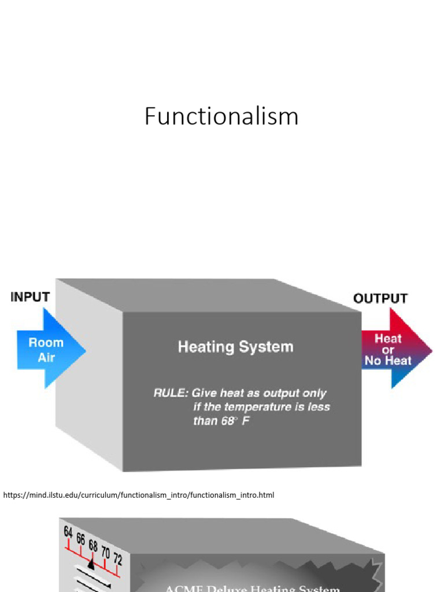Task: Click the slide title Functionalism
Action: (221, 116)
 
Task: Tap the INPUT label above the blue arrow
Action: (30, 297)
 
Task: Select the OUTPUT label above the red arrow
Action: (380, 298)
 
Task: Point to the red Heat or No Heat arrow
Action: (393, 349)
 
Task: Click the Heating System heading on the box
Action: (235, 347)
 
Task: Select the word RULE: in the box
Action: (170, 393)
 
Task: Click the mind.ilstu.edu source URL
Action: (139, 495)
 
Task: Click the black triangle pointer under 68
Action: (91, 562)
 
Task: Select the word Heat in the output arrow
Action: (388, 339)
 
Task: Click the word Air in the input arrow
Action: (46, 357)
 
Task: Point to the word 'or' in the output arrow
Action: (388, 350)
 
